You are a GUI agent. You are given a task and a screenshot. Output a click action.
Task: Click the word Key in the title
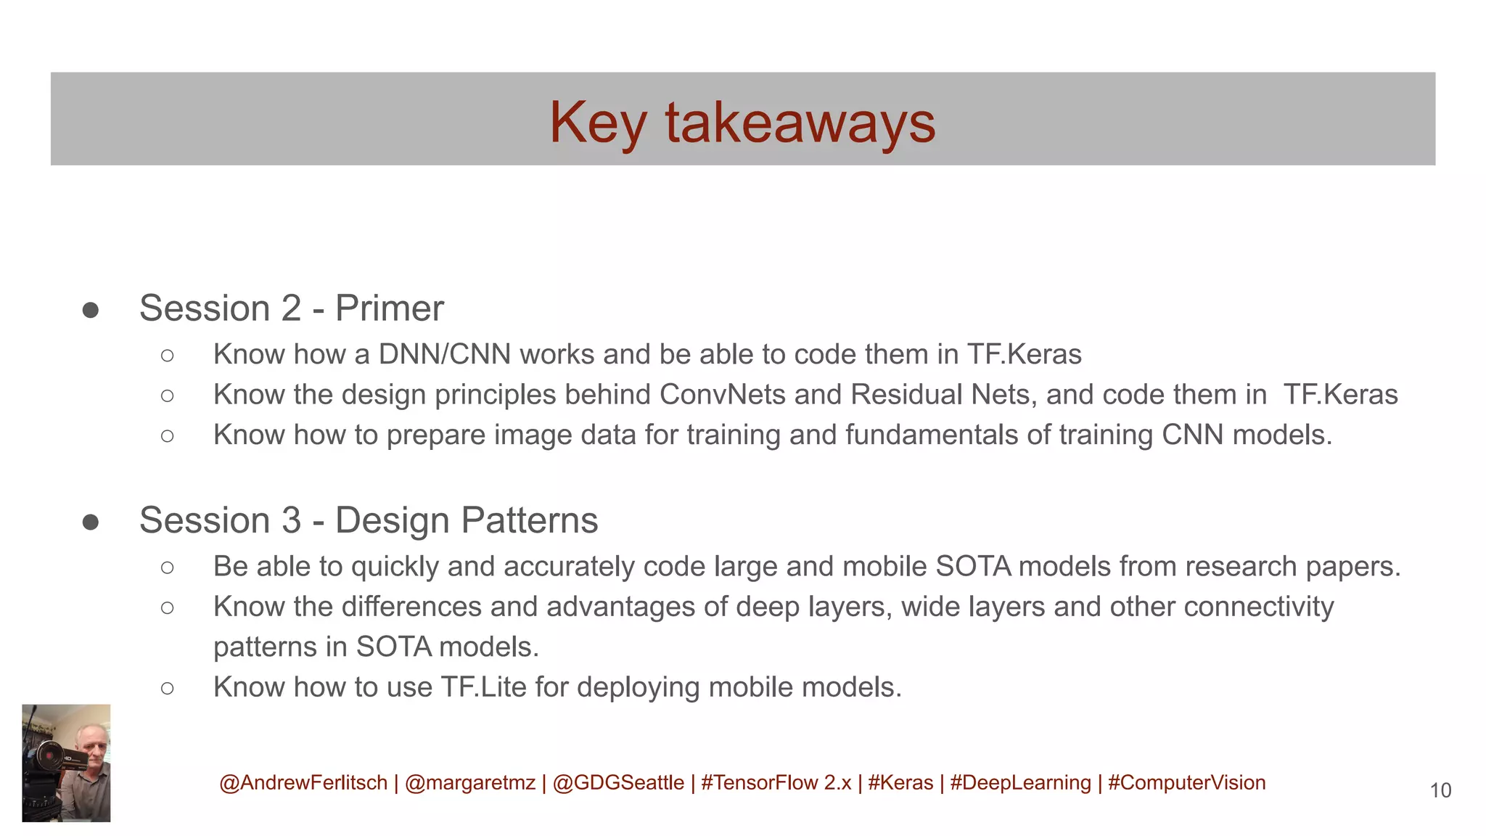[x=597, y=123]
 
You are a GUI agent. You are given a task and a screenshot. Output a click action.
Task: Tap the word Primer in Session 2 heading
[x=389, y=308]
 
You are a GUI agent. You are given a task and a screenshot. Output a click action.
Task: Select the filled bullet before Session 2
[x=91, y=311]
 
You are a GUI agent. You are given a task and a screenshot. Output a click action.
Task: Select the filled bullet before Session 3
[x=91, y=522]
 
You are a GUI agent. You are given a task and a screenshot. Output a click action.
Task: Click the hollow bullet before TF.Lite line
[x=168, y=688]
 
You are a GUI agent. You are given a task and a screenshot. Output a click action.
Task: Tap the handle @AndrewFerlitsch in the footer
[x=303, y=783]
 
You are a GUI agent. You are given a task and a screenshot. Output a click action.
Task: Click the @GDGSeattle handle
[x=618, y=783]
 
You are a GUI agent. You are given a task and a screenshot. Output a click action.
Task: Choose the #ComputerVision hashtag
[x=1186, y=783]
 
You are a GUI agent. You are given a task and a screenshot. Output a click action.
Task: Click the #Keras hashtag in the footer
[x=900, y=783]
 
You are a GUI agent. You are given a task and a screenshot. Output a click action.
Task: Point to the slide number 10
[x=1440, y=790]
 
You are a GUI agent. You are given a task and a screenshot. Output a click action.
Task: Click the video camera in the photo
[x=51, y=758]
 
